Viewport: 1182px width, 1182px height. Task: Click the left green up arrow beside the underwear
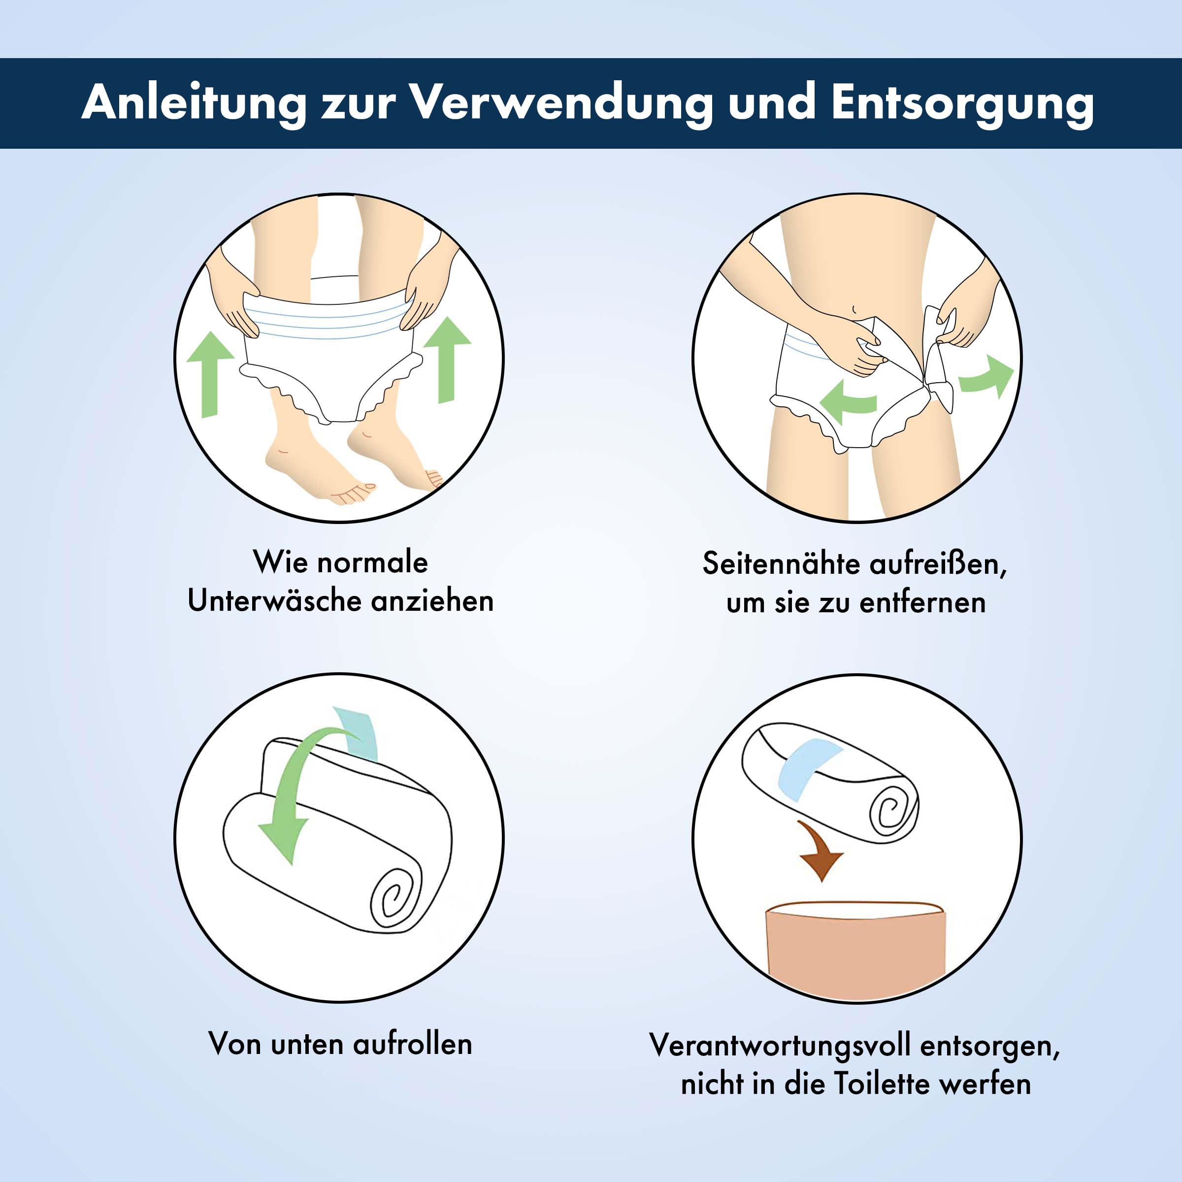(x=210, y=374)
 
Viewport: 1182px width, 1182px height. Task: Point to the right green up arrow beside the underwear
(x=447, y=360)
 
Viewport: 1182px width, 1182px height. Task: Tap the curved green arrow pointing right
(x=985, y=376)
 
